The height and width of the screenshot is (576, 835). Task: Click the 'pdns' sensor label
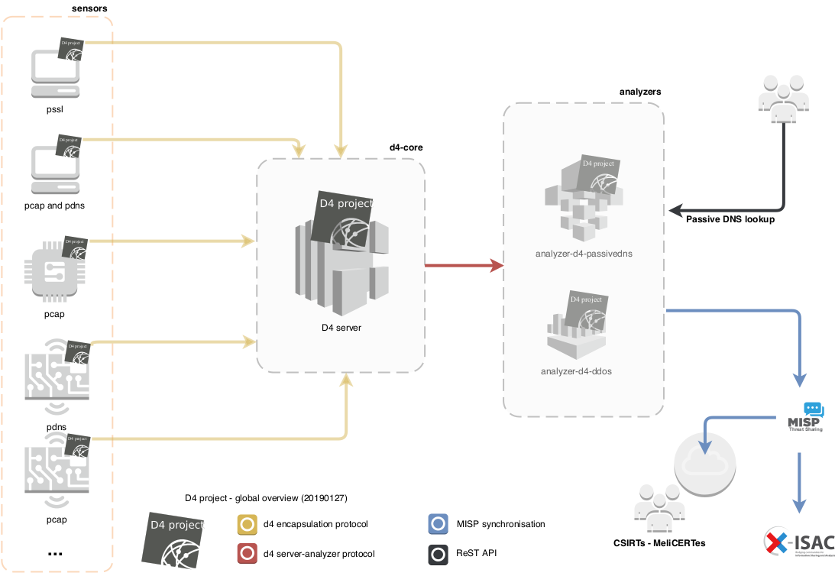[x=56, y=426]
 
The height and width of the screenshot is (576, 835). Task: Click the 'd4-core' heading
[x=406, y=147]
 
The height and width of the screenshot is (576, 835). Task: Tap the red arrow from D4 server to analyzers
[x=463, y=266]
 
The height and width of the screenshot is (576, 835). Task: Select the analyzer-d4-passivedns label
[x=583, y=253]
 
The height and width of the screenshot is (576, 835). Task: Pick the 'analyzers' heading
[x=639, y=91]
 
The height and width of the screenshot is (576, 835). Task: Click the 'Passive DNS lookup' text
[x=730, y=219]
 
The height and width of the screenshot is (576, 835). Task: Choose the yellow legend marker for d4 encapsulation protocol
[x=247, y=524]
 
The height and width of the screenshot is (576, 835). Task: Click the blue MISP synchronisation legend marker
[x=438, y=524]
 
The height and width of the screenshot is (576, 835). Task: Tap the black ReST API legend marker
[x=438, y=553]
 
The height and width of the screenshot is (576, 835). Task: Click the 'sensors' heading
[x=89, y=8]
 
